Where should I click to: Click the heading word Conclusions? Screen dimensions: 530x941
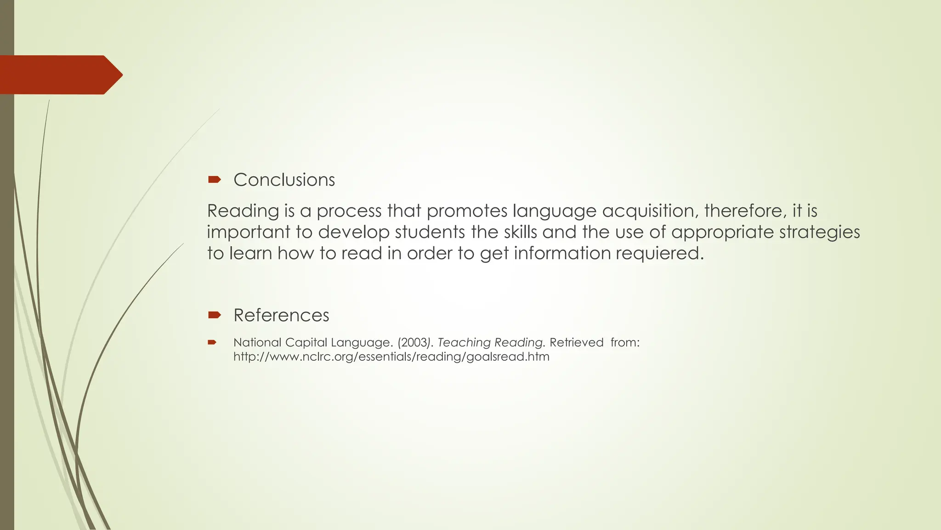pos(284,180)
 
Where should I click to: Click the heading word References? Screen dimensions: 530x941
pos(281,316)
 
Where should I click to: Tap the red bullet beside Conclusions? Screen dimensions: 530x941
pos(214,179)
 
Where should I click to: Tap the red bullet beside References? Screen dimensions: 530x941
pos(214,315)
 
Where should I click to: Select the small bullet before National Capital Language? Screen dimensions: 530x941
pos(212,342)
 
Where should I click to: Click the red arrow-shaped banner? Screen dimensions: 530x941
pos(60,75)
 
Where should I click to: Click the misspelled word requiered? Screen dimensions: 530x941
pos(659,253)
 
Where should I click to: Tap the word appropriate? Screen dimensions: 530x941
pos(722,232)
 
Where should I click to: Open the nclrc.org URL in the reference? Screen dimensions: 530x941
pos(391,357)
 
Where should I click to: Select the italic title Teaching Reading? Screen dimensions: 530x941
pos(490,343)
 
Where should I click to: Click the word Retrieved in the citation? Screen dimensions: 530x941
pos(576,343)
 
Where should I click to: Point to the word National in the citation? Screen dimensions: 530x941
pos(257,343)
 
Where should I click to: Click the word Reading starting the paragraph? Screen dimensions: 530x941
pos(243,211)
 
